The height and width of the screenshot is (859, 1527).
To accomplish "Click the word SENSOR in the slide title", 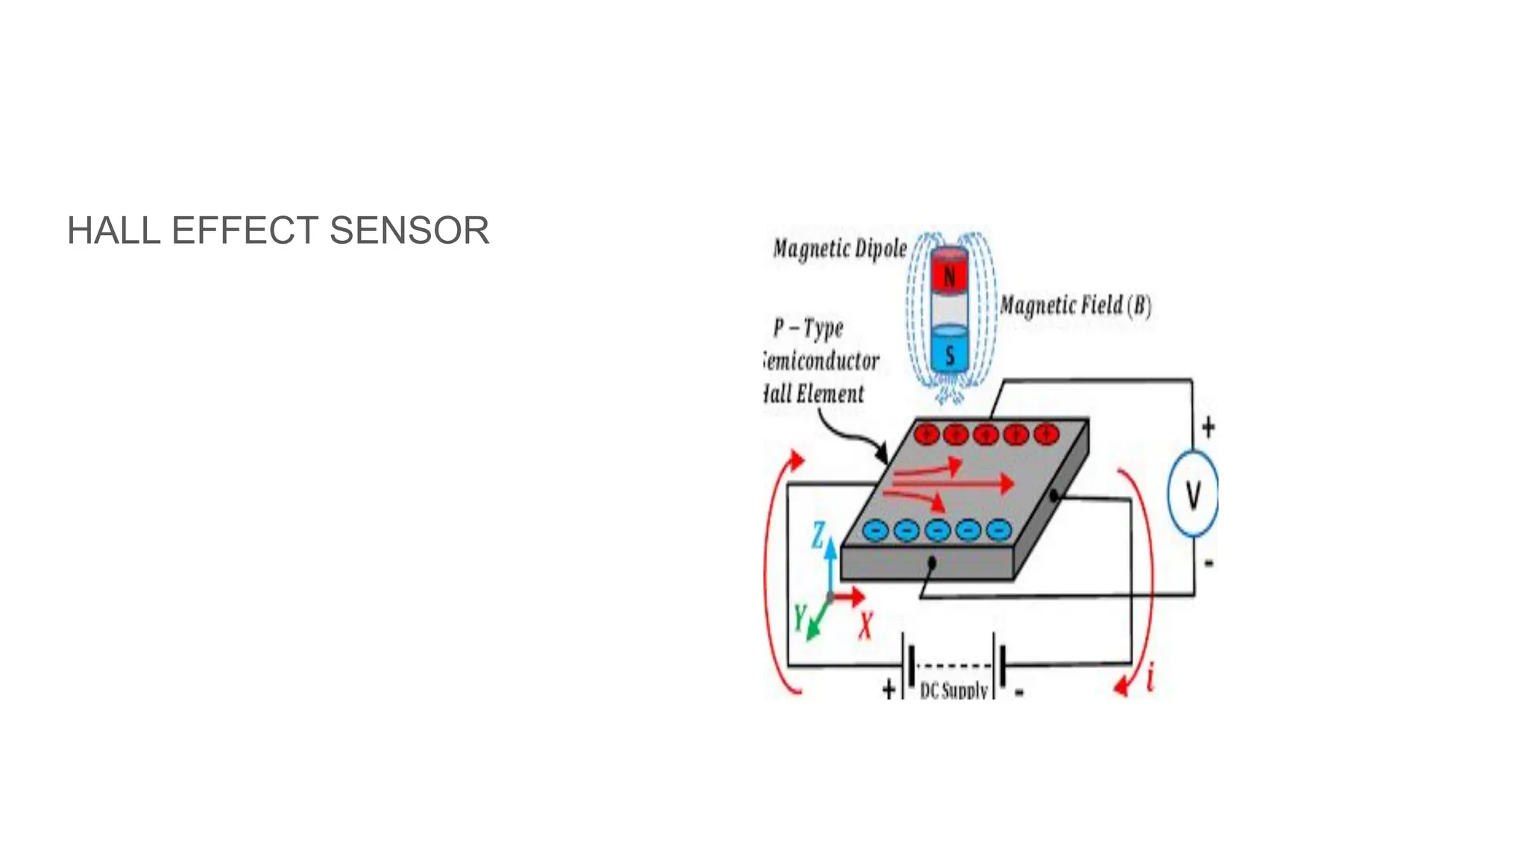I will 409,230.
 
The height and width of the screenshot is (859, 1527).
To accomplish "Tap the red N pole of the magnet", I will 949,277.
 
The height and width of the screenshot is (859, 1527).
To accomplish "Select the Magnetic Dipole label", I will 840,248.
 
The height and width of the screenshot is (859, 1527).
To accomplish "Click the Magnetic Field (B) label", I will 1075,306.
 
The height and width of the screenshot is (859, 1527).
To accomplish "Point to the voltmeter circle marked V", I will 1193,494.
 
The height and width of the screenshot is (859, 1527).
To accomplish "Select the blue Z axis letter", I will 818,535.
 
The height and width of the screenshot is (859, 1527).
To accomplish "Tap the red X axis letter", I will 865,625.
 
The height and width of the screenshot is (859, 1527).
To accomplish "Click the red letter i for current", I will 1150,677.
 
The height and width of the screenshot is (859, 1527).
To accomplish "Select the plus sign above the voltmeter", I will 1208,427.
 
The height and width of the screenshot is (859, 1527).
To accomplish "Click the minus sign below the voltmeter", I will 1209,563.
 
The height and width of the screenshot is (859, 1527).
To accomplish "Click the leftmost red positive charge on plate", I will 926,434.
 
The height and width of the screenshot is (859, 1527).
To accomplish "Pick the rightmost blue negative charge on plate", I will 998,530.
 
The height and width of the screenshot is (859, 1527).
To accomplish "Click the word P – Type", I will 807,327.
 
